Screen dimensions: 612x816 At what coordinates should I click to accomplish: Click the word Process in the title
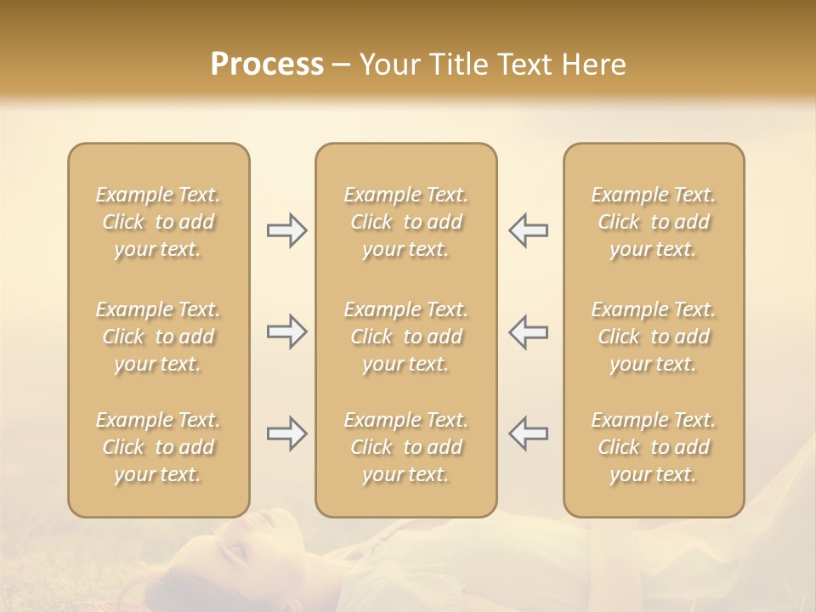[267, 65]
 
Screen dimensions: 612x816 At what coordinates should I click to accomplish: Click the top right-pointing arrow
[286, 230]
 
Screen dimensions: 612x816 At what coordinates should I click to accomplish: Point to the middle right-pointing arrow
[286, 331]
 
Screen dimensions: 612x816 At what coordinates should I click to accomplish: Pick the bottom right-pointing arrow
[286, 433]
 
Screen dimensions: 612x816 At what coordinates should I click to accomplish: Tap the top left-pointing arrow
[528, 230]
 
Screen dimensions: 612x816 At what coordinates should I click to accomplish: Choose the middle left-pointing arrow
[528, 331]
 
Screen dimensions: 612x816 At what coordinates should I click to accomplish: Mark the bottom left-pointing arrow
[528, 433]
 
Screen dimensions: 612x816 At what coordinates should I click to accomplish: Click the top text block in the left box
[158, 222]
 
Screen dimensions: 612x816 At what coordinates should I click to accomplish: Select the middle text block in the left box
[158, 337]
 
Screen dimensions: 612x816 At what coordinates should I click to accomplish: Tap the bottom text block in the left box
[158, 447]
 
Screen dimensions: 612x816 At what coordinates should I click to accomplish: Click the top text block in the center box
[405, 222]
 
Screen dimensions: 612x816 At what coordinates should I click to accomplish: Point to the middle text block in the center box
[405, 337]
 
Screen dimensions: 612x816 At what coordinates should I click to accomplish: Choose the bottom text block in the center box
[405, 447]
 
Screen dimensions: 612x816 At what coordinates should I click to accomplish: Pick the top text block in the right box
[653, 222]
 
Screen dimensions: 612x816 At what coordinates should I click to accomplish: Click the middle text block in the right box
[653, 337]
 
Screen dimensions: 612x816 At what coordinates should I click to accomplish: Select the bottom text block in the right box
[653, 447]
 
